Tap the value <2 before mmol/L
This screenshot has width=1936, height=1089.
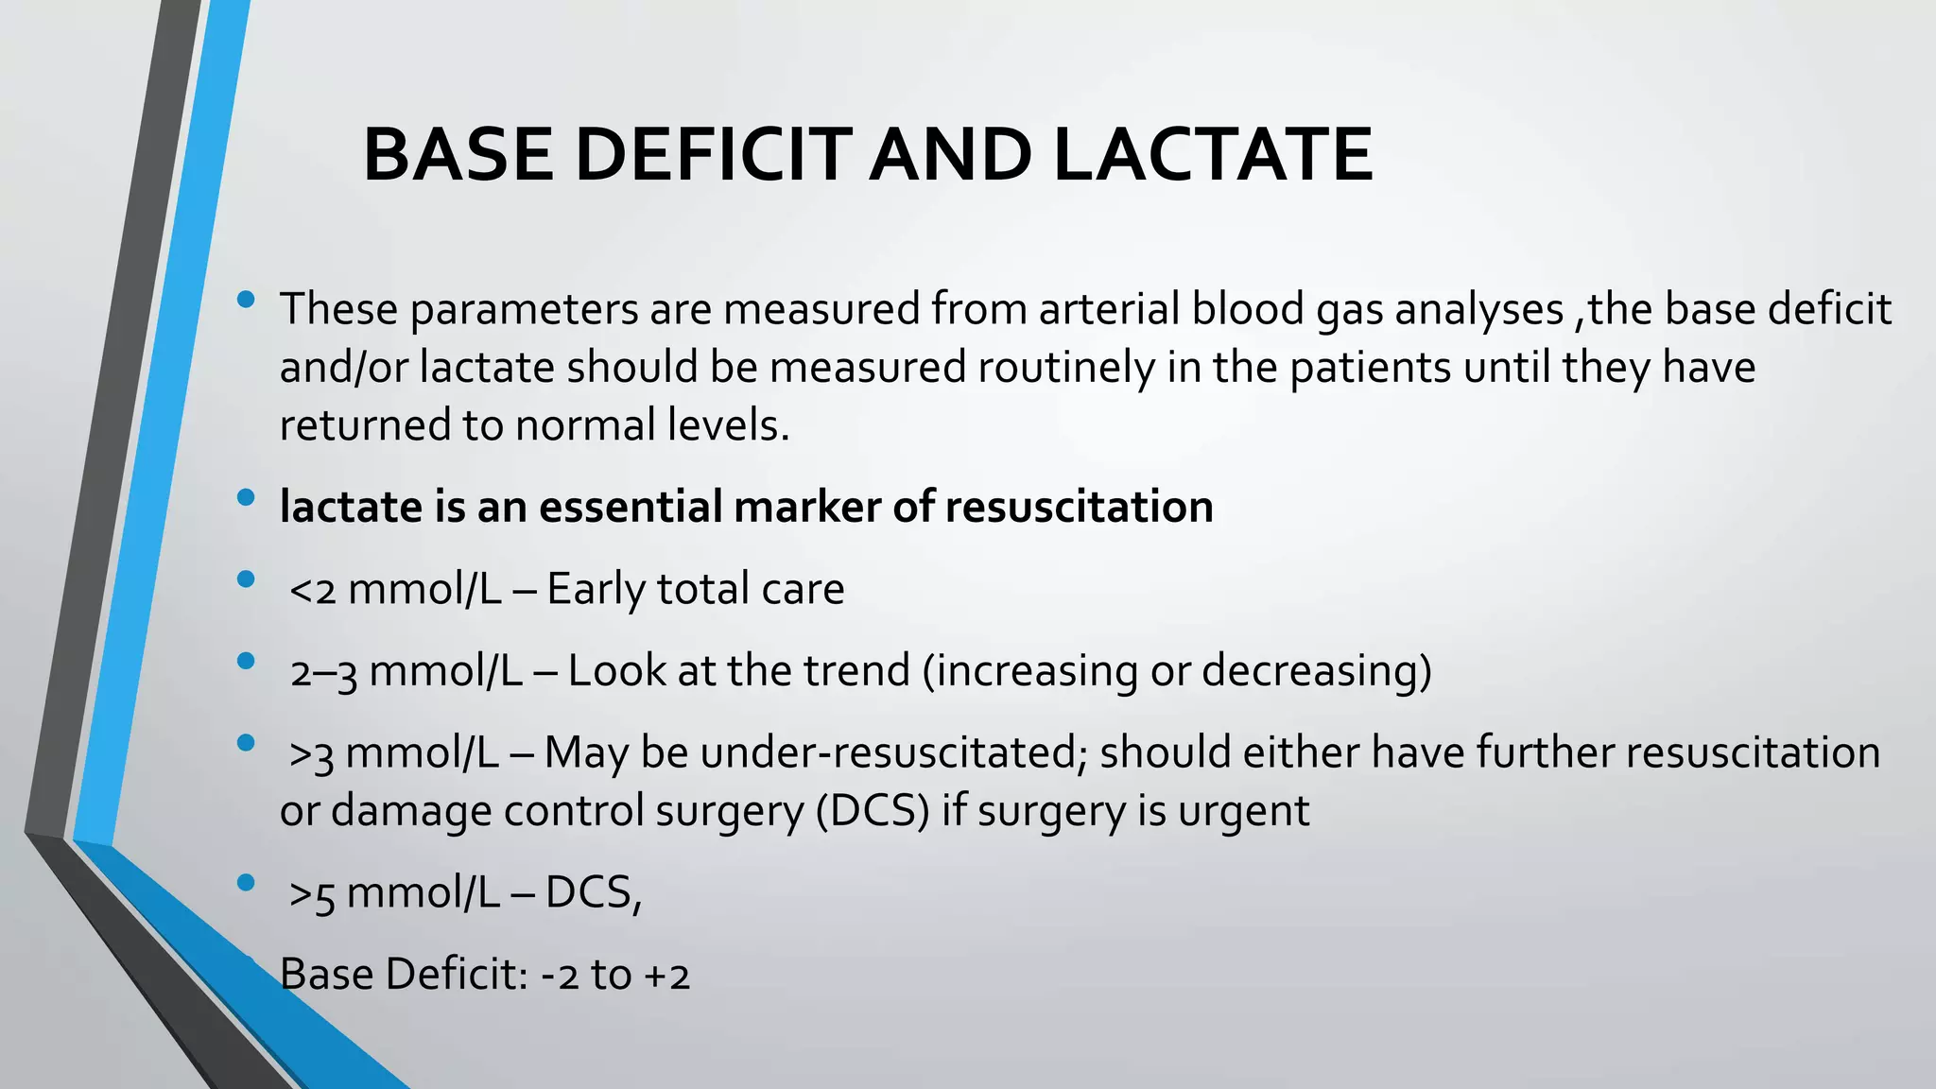click(x=312, y=590)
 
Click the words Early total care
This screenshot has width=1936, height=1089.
click(x=695, y=589)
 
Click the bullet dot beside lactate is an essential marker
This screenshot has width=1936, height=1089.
click(x=247, y=498)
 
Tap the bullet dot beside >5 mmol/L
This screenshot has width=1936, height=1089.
click(x=247, y=883)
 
